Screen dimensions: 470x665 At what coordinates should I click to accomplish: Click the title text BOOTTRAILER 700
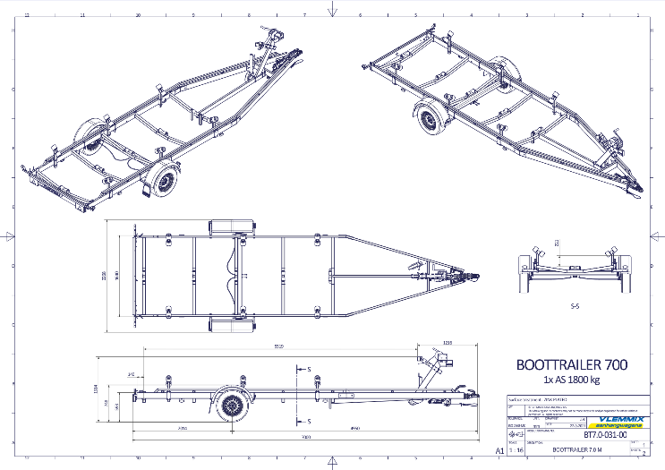point(571,364)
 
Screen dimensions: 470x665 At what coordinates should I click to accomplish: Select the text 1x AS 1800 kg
point(570,380)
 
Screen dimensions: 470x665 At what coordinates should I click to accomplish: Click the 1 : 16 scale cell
point(516,451)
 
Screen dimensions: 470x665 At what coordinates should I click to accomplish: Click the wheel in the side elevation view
point(234,408)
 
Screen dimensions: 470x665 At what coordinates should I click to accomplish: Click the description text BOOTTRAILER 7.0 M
point(573,450)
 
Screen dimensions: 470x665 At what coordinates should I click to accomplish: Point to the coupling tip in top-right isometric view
point(642,187)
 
